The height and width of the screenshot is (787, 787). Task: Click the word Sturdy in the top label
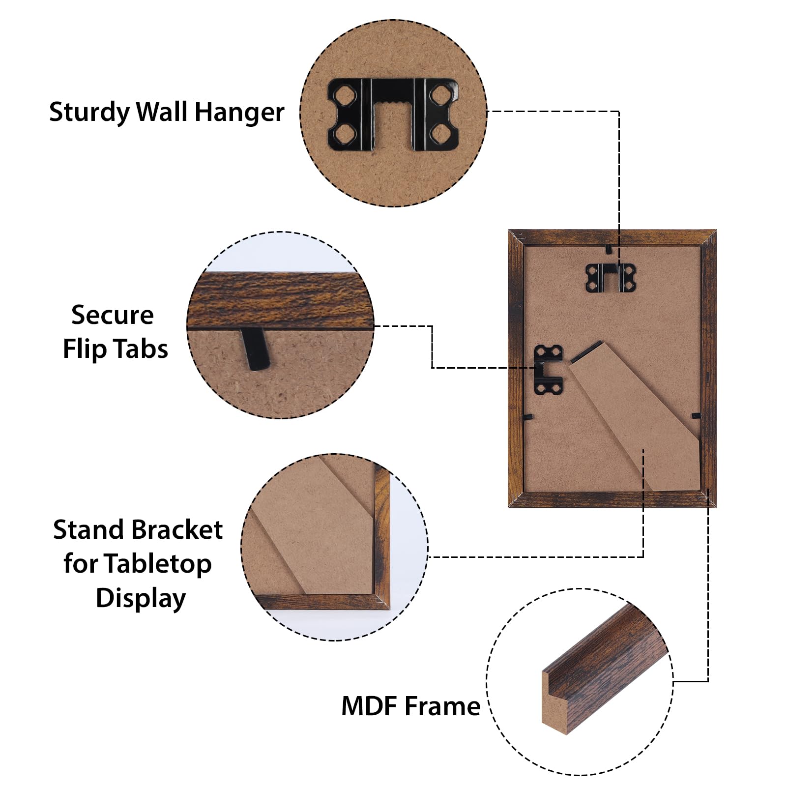click(x=89, y=113)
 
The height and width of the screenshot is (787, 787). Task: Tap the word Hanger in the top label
click(x=239, y=113)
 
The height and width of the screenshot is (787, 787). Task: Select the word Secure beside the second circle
click(x=112, y=315)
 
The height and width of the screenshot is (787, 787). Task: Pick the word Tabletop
click(x=157, y=564)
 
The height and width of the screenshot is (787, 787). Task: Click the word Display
click(x=141, y=598)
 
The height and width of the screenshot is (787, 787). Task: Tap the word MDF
click(x=369, y=706)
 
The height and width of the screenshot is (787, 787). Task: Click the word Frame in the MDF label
click(x=442, y=706)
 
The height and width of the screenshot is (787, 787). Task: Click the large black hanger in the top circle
click(x=393, y=114)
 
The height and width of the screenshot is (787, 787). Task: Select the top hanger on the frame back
click(x=610, y=278)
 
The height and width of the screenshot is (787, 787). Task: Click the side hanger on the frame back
click(x=549, y=369)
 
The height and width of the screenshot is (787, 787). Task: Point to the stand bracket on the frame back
click(x=634, y=418)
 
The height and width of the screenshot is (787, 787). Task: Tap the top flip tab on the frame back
click(x=609, y=249)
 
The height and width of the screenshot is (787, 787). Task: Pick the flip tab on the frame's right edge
click(x=696, y=416)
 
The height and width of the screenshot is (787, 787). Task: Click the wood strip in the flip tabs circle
click(x=280, y=300)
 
